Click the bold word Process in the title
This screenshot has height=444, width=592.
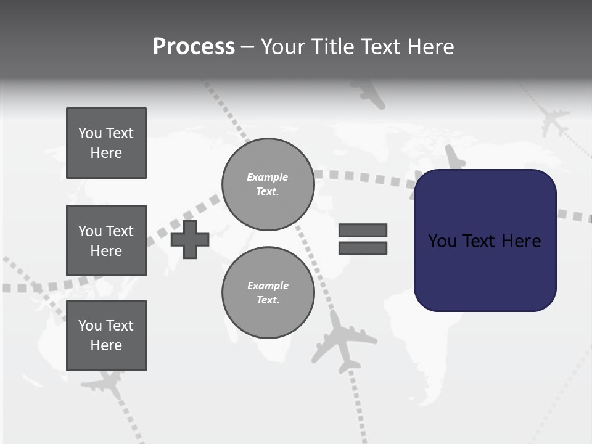tap(194, 47)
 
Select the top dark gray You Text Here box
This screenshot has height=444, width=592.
tap(106, 143)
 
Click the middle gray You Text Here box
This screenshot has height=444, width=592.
tap(106, 240)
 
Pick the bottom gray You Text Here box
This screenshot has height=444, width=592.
tap(106, 335)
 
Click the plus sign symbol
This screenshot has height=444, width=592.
tap(190, 239)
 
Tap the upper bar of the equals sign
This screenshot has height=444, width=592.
tap(363, 230)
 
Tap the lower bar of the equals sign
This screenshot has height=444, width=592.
tap(363, 249)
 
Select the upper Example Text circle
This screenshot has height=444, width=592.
tap(268, 184)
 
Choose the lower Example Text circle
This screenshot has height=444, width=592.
tap(268, 293)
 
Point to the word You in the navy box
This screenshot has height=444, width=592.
tap(442, 241)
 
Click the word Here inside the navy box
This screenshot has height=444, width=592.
tap(521, 241)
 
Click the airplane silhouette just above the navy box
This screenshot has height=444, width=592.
tap(454, 158)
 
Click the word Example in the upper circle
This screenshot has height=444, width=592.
tap(268, 177)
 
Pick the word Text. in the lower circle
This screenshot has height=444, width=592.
tap(268, 300)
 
